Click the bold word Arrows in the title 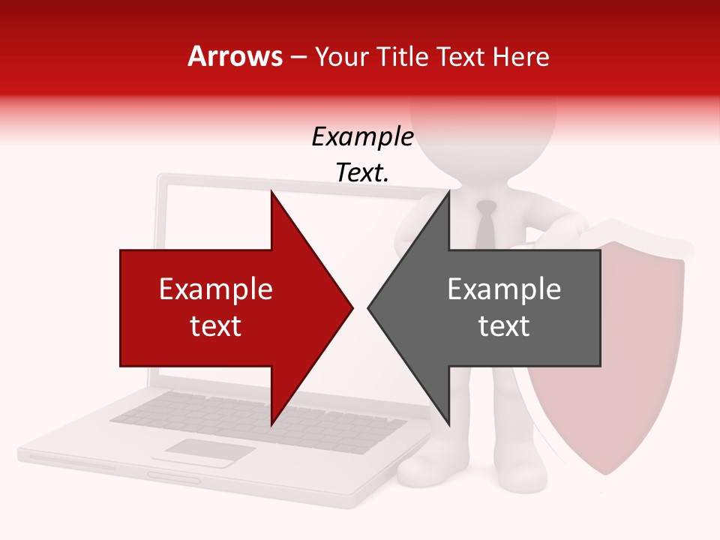(x=235, y=56)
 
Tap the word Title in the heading (x=401, y=56)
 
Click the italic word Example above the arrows (x=362, y=137)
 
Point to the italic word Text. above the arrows (x=362, y=173)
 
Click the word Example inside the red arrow (x=216, y=289)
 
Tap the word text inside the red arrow (x=216, y=326)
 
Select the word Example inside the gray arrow (x=504, y=289)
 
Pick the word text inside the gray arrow (x=504, y=326)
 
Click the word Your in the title (x=340, y=56)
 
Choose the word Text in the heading (x=460, y=56)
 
